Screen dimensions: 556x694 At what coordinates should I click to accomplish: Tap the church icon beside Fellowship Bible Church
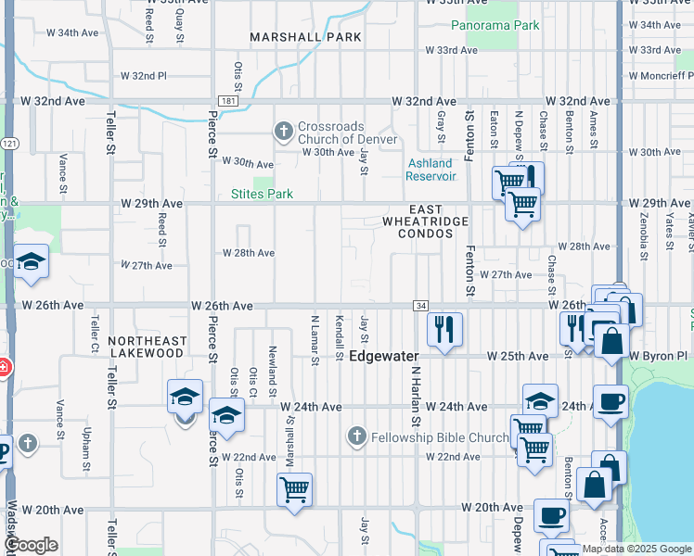click(x=357, y=436)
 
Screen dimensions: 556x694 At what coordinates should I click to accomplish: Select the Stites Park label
click(x=262, y=194)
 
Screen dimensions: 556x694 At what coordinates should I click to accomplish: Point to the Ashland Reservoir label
click(x=431, y=170)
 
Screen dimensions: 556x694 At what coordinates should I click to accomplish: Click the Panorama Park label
click(x=495, y=25)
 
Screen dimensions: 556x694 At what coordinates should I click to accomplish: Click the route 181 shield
click(x=227, y=100)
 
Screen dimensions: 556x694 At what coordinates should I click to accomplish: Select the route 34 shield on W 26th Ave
click(x=421, y=306)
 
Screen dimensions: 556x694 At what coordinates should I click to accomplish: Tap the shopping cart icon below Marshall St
click(x=294, y=488)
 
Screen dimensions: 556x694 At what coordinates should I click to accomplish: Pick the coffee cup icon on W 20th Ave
click(x=551, y=515)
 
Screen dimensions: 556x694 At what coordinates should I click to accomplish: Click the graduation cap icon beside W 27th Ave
click(x=32, y=262)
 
